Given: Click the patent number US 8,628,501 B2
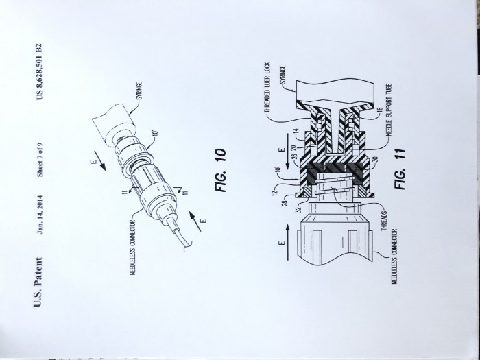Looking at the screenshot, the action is click(x=39, y=71).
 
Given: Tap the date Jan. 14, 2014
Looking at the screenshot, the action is click(x=40, y=215).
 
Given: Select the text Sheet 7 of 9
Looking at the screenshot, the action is click(x=40, y=160).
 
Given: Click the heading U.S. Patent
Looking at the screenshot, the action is click(x=38, y=282).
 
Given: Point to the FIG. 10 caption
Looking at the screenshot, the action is click(x=221, y=171).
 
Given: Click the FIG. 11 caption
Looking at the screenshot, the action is click(x=400, y=169).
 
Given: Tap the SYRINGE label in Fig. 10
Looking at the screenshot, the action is click(x=139, y=91).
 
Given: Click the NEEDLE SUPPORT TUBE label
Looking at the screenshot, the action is click(x=389, y=110).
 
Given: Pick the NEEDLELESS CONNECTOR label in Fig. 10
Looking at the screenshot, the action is click(x=133, y=248).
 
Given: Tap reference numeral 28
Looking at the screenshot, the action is click(x=285, y=203).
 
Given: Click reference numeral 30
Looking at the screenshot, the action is click(x=376, y=159).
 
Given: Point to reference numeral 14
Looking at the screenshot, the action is click(x=296, y=131).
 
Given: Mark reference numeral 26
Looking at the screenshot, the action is click(x=294, y=157).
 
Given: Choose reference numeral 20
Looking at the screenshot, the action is click(x=294, y=148).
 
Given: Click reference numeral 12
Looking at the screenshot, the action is click(x=274, y=193).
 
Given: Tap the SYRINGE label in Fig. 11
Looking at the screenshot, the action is click(x=283, y=75).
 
